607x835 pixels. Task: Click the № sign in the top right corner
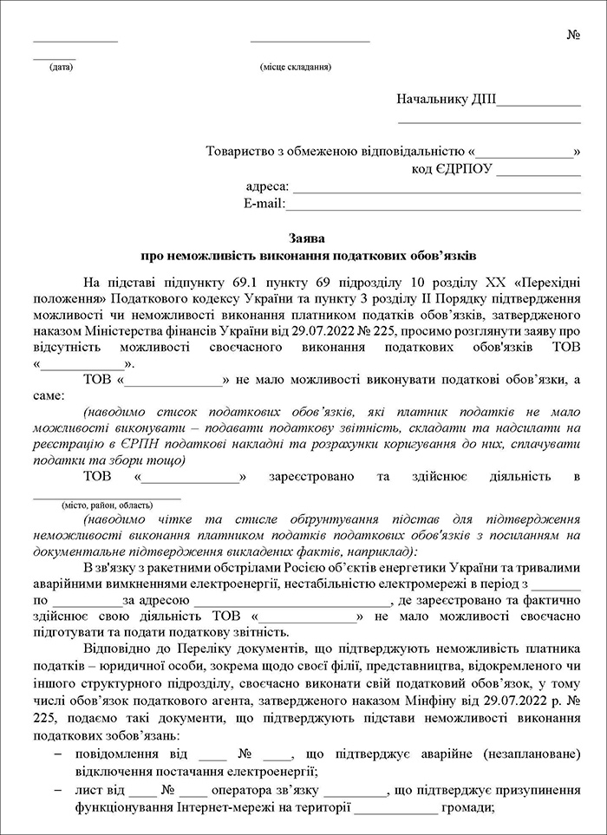(573, 36)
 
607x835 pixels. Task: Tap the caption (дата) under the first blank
(62, 67)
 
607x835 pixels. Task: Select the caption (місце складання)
(295, 67)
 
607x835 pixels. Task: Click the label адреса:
(268, 187)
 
